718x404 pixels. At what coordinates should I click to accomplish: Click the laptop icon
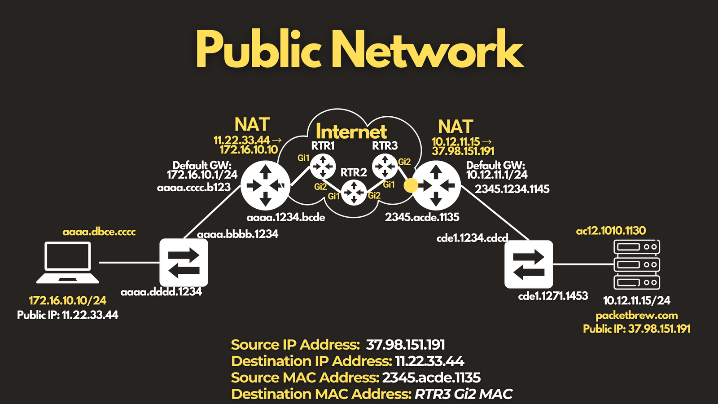point(68,262)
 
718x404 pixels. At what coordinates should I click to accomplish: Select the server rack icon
point(637,264)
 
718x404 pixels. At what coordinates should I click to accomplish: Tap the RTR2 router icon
point(354,193)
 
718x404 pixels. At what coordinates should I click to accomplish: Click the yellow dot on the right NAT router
point(411,186)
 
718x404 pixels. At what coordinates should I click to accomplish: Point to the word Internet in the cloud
point(351,132)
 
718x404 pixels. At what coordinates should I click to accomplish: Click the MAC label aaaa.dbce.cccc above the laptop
point(99,232)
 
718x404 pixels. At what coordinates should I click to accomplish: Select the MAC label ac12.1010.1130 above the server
point(611,231)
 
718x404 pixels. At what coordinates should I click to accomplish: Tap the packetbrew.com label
point(637,316)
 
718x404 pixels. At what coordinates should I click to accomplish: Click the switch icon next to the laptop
point(184,263)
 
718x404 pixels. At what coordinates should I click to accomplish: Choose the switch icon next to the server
point(529,264)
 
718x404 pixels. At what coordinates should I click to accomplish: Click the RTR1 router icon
point(323,167)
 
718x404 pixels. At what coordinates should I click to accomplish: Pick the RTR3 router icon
point(385,167)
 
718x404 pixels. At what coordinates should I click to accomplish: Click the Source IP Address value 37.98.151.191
point(405,345)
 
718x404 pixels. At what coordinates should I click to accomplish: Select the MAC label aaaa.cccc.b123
point(193,188)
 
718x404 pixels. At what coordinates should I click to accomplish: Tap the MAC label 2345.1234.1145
point(512,189)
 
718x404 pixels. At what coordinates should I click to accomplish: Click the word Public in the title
point(258,49)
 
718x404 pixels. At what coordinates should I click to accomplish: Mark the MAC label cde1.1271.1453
point(553,296)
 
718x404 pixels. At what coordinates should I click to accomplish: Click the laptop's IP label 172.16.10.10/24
point(68,300)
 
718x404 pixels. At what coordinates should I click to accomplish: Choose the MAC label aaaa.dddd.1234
point(161,292)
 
